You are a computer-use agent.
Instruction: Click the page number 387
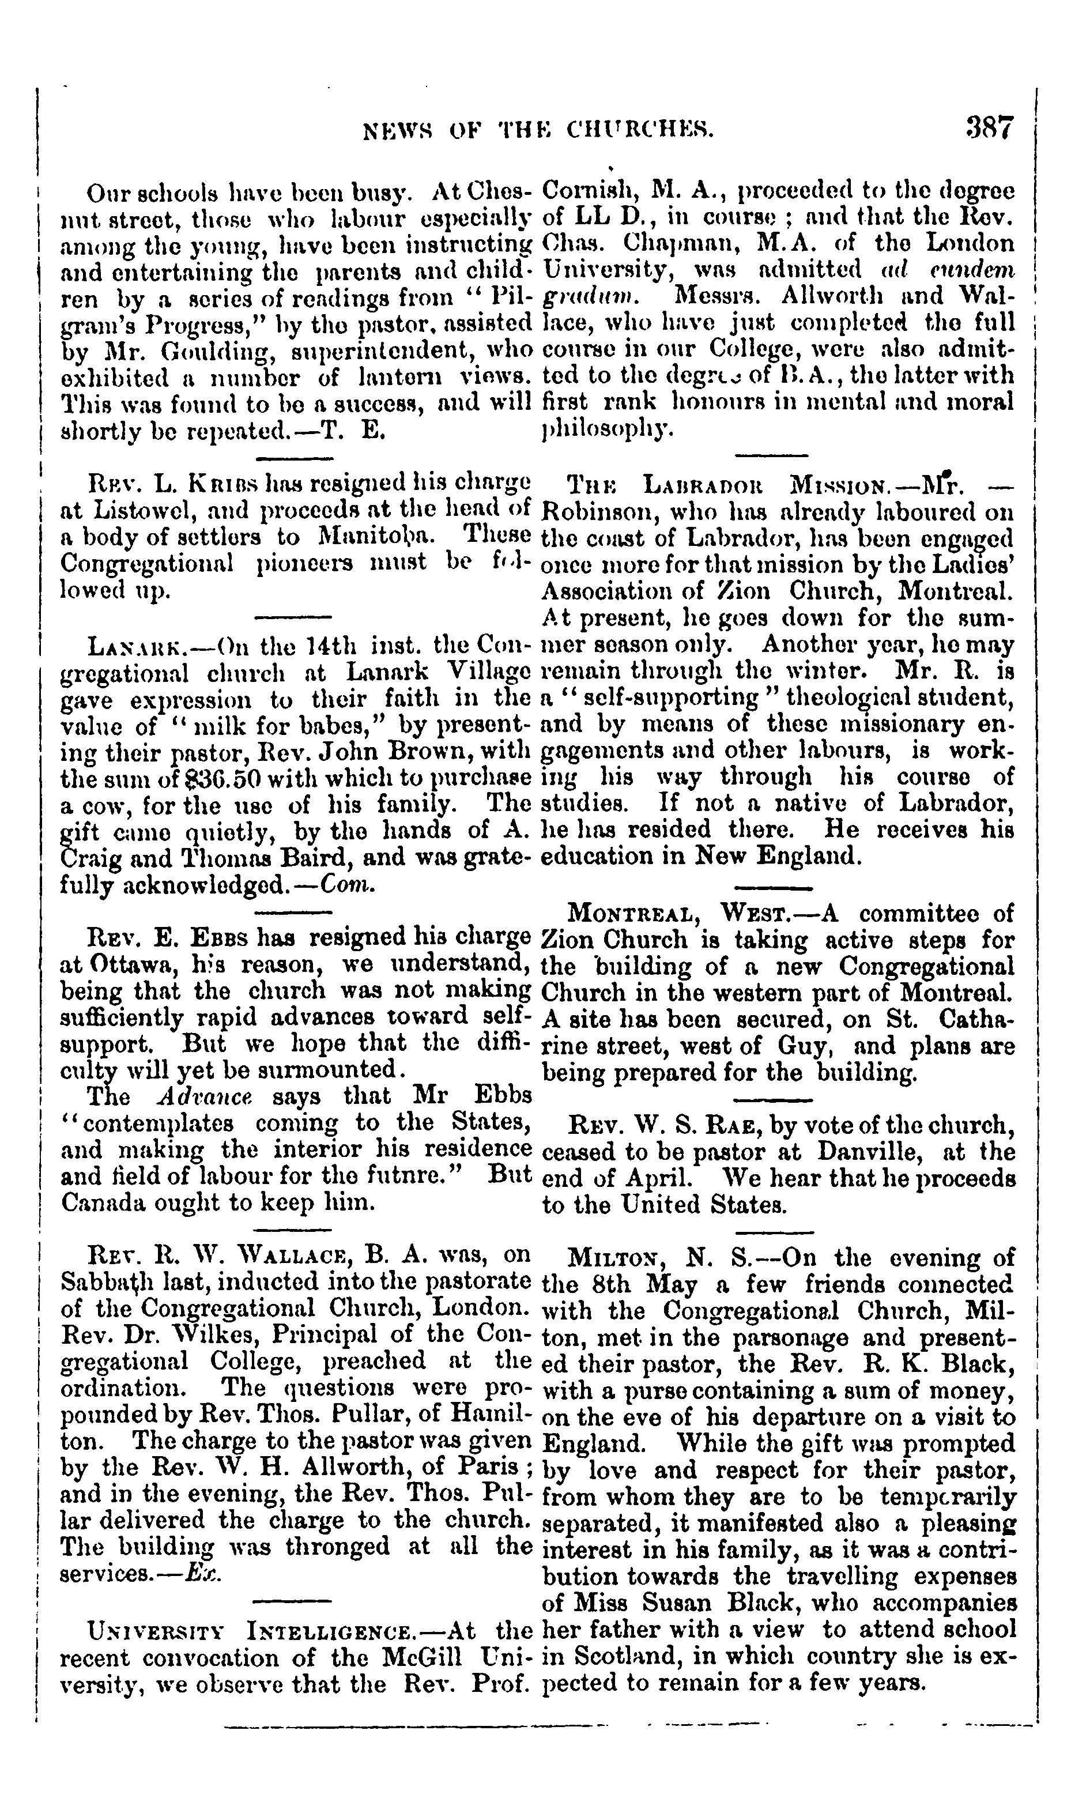tap(990, 128)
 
